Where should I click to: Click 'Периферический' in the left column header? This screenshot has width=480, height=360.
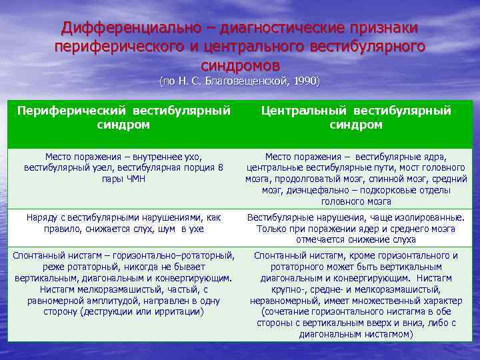click(71, 110)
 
